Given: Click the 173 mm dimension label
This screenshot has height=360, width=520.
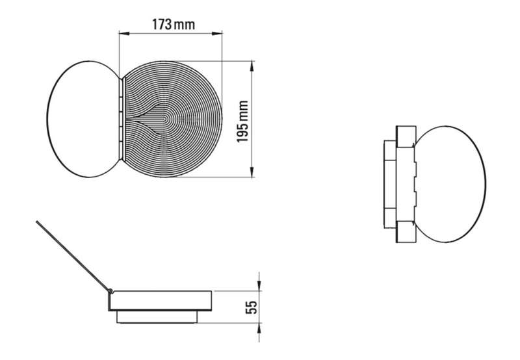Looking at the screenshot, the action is (174, 24).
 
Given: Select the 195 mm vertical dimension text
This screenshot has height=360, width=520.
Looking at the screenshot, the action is (242, 122).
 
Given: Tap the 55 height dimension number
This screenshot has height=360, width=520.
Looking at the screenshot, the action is (251, 307).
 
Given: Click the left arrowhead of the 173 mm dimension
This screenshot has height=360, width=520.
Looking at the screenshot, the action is (124, 33).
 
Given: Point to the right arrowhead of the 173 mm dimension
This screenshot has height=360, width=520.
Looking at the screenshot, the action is (217, 33).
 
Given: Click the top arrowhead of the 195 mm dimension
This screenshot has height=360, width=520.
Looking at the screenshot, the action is (252, 66).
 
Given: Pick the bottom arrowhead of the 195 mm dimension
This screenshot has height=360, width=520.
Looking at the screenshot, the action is (252, 172).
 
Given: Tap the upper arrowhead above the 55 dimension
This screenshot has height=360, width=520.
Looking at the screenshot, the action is (259, 285).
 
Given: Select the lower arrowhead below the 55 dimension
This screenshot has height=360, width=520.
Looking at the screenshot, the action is (259, 328).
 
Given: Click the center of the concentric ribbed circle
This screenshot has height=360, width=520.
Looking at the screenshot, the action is (165, 119).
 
